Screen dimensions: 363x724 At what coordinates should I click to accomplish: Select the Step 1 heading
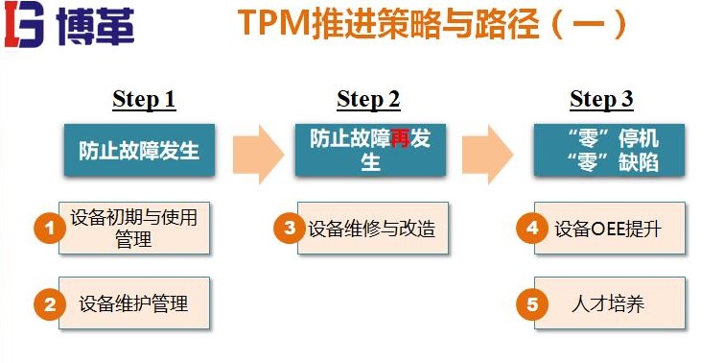(x=144, y=99)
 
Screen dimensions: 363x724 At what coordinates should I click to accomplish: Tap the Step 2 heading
(x=368, y=99)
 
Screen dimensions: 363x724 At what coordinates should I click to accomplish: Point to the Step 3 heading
(x=601, y=99)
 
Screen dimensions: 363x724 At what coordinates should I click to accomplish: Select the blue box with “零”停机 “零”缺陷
(x=609, y=150)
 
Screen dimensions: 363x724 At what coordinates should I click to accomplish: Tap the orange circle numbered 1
(x=48, y=228)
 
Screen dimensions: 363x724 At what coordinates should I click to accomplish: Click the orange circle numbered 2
(x=48, y=304)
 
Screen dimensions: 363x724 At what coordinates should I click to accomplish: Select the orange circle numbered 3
(x=287, y=228)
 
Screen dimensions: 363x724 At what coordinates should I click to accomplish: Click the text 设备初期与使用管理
(x=133, y=228)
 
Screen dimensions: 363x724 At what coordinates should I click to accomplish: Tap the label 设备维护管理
(x=133, y=304)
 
